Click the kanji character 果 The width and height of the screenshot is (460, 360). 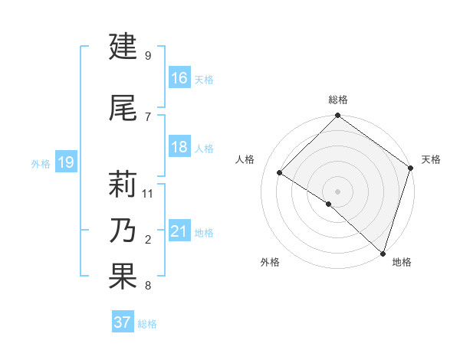[123, 277]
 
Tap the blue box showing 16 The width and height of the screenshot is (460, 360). [179, 77]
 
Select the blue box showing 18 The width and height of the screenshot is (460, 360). [179, 146]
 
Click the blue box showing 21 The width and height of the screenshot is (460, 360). [179, 231]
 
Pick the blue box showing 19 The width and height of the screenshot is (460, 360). [65, 162]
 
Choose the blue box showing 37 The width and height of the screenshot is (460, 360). [123, 322]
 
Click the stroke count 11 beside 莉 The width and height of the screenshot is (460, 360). [148, 193]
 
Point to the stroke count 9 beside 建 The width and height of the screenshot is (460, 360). [148, 55]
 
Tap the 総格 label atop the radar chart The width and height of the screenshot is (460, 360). [337, 100]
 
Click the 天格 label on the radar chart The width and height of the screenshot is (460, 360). [431, 159]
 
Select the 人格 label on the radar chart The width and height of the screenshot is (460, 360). [245, 159]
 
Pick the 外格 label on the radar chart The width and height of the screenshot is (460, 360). [270, 262]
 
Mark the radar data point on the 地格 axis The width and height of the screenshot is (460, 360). [383, 253]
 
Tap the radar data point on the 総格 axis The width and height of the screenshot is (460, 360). [337, 116]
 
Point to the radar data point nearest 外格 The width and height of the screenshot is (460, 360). [329, 204]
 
